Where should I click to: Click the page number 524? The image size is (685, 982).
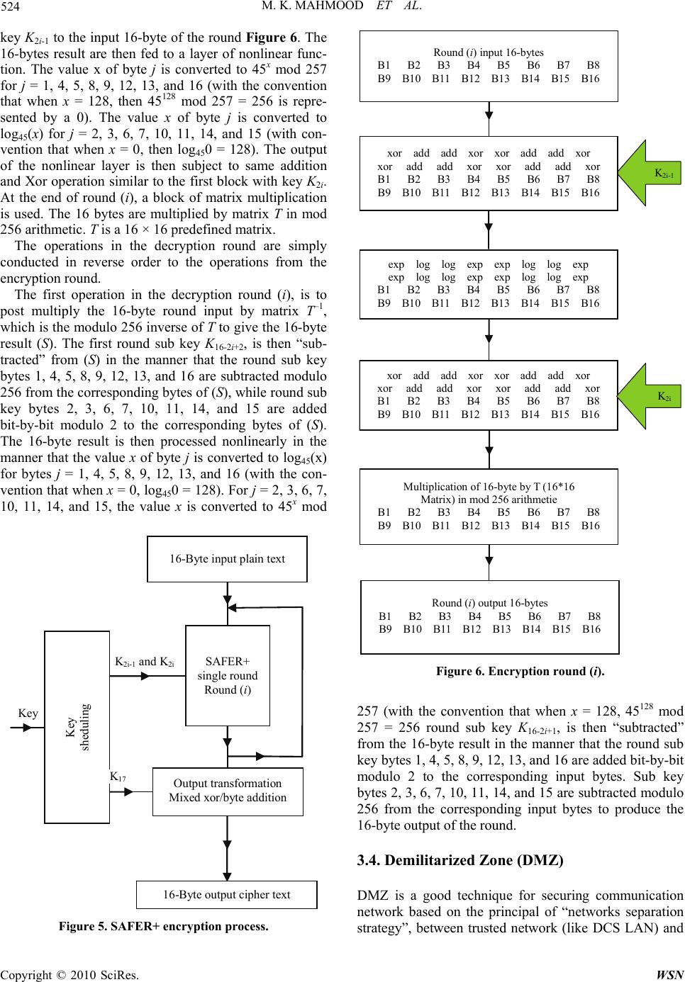tap(10, 6)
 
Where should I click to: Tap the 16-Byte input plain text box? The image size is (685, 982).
tap(228, 559)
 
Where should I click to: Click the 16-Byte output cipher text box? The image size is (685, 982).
tap(227, 894)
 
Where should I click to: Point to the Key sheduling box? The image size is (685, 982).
tap(77, 727)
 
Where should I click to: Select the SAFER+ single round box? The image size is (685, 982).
tap(228, 675)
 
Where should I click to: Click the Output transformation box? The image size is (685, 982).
tap(228, 791)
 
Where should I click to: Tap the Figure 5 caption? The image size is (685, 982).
tap(164, 926)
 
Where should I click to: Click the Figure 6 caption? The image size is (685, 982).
tap(520, 671)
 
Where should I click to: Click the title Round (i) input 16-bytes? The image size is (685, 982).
tap(489, 52)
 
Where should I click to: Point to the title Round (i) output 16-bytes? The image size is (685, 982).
tap(490, 603)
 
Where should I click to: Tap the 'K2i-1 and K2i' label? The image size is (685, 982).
tap(145, 662)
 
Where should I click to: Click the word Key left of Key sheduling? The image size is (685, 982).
tap(28, 713)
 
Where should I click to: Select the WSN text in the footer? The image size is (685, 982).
tap(670, 975)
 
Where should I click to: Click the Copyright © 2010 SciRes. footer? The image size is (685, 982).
tap(69, 975)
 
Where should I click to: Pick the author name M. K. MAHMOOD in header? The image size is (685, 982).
tap(312, 6)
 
